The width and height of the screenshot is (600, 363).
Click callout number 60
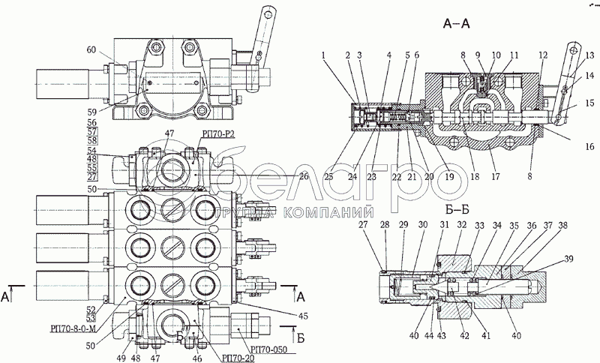coord(91,50)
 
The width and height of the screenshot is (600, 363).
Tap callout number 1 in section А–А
coord(322,54)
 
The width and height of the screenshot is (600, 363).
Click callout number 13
coord(590,54)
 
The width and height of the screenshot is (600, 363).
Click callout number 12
coord(542,54)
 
